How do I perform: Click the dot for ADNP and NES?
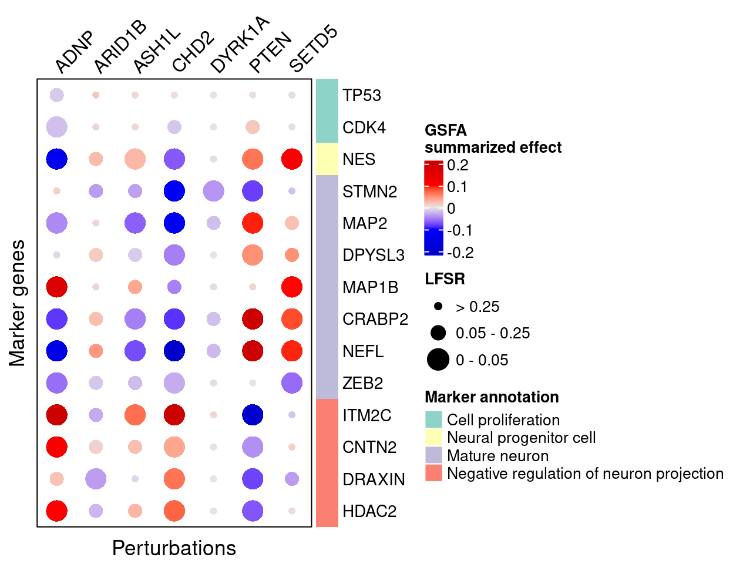click(x=57, y=159)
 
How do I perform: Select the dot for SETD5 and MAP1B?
click(x=292, y=287)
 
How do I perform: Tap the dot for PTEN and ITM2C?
click(x=253, y=415)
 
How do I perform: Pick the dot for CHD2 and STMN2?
click(x=174, y=191)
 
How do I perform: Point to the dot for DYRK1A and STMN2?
click(x=213, y=191)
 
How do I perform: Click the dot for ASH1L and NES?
click(x=135, y=159)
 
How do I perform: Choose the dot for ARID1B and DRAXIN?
click(x=96, y=479)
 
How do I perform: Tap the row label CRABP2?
click(x=375, y=319)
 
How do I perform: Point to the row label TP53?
click(x=362, y=95)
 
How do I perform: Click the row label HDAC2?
click(x=369, y=511)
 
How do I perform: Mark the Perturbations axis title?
click(x=174, y=548)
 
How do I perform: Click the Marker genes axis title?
click(x=18, y=303)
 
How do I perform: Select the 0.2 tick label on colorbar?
click(x=458, y=165)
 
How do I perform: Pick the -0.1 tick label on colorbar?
click(x=460, y=230)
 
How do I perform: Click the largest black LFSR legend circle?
click(x=438, y=360)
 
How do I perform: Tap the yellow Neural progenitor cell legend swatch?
click(x=433, y=438)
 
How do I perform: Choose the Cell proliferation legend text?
click(x=503, y=420)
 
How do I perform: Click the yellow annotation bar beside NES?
click(x=327, y=159)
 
